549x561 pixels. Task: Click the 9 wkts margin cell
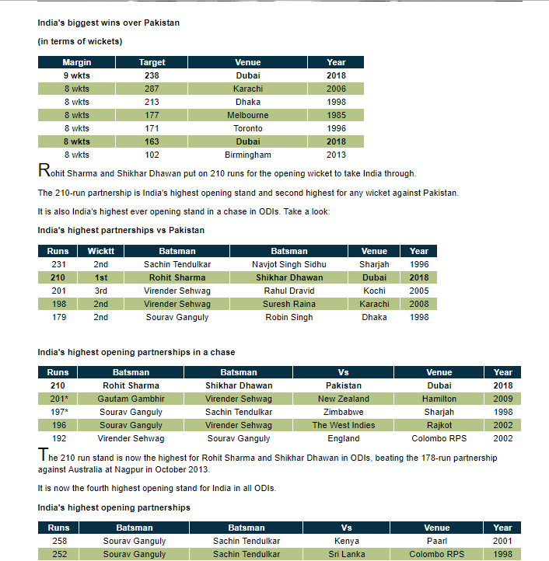click(x=77, y=75)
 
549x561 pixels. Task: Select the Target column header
click(x=152, y=62)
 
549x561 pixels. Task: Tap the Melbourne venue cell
click(x=247, y=115)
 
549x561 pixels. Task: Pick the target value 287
click(x=152, y=89)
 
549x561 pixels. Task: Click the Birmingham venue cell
click(x=247, y=155)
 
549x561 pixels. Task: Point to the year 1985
click(x=336, y=115)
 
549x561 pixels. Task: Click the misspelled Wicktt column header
click(x=100, y=251)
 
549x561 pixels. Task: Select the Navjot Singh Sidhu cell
click(x=288, y=264)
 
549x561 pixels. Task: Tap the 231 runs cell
click(x=58, y=264)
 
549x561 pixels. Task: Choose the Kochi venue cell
click(x=374, y=291)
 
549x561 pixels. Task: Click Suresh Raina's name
click(x=288, y=304)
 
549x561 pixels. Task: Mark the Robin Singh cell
click(x=288, y=317)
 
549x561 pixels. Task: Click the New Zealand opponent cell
click(x=343, y=399)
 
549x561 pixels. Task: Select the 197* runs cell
click(x=58, y=412)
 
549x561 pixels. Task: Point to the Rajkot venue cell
click(x=439, y=425)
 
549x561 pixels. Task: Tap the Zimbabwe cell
click(x=343, y=412)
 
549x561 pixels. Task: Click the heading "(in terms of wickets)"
click(x=79, y=41)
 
